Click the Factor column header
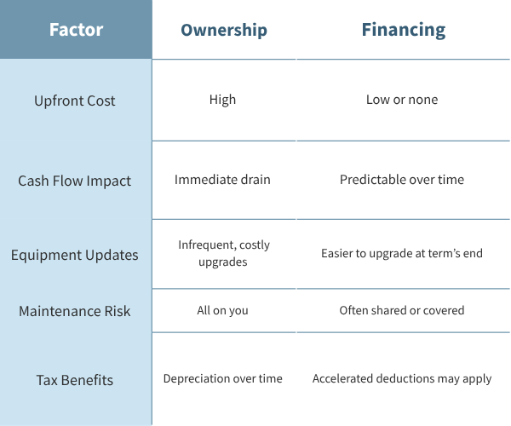(x=77, y=30)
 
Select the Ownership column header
(x=224, y=30)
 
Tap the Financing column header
(x=404, y=30)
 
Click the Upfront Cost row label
(x=75, y=101)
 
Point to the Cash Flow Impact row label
(x=75, y=181)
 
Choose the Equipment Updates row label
(x=75, y=255)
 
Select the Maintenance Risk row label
(x=75, y=311)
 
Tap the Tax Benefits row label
(x=75, y=380)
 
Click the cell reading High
(x=222, y=100)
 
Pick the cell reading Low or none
(x=402, y=100)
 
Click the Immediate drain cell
(x=222, y=180)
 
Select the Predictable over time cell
(x=402, y=180)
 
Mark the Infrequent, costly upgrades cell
(x=224, y=253)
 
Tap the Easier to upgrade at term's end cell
(x=402, y=253)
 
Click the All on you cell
(x=222, y=311)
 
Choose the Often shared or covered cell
(x=402, y=310)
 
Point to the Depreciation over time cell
(x=223, y=378)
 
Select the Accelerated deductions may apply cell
(x=402, y=379)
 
